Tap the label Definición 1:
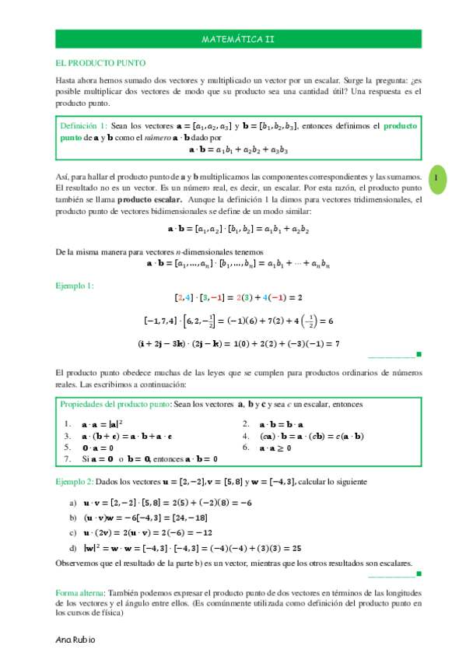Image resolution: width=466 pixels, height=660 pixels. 83,125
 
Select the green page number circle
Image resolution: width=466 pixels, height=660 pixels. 437,178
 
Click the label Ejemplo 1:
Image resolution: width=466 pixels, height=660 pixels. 75,286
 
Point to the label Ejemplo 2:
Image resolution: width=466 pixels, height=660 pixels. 75,482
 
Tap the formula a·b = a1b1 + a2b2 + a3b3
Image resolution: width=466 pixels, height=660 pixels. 238,148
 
